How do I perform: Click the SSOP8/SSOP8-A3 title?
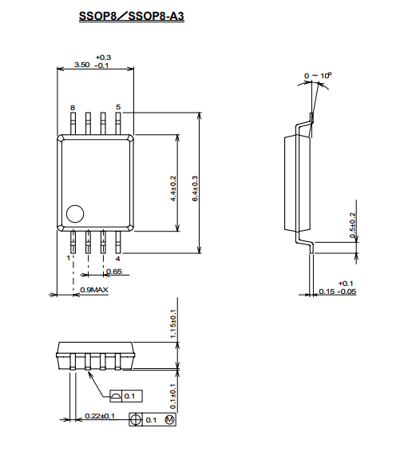132,16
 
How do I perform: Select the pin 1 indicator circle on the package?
75,214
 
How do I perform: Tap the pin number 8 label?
73,108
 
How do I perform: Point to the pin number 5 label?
118,107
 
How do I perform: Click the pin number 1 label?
69,258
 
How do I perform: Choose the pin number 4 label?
118,259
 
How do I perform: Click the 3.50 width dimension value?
81,65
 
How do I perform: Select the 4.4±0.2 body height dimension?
173,188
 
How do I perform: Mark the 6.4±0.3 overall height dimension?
195,188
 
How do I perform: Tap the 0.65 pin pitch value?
114,272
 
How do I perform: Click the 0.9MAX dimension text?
94,290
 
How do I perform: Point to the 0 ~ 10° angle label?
318,75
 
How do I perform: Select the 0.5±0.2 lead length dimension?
353,225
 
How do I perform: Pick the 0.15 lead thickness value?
327,292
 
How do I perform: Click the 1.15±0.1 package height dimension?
173,324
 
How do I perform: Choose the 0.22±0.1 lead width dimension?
100,416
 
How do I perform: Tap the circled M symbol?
170,419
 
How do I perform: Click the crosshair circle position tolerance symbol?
136,419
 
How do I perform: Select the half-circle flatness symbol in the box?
116,396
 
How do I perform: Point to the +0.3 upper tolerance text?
103,58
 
